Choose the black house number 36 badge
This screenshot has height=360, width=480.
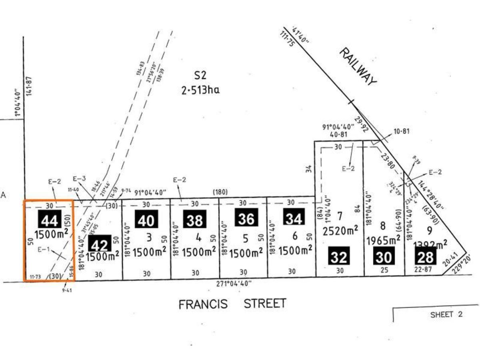pyautogui.click(x=246, y=218)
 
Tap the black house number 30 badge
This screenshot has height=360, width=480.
pyautogui.click(x=383, y=256)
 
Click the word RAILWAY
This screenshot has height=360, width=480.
pyautogui.click(x=358, y=66)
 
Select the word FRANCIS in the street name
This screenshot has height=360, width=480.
pyautogui.click(x=203, y=304)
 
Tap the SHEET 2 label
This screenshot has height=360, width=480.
pyautogui.click(x=446, y=314)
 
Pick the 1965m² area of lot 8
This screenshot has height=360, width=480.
pyautogui.click(x=384, y=240)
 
